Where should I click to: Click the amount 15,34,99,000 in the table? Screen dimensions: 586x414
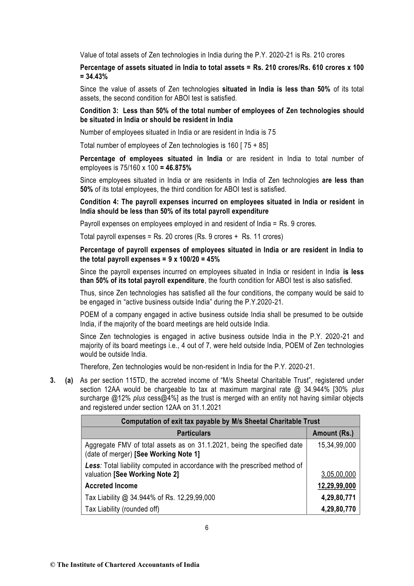point(336,445)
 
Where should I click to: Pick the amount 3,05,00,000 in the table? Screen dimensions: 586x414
point(338,474)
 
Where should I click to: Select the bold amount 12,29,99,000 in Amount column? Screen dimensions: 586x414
point(336,486)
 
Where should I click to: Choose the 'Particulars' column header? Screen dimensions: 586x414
point(194,433)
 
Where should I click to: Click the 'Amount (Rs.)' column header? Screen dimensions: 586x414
point(333,433)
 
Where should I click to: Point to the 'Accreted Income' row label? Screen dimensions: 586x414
point(111,486)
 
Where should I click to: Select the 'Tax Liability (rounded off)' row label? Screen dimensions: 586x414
point(122,509)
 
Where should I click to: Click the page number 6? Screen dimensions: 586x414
point(207,528)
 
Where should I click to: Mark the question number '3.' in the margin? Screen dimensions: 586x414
point(53,381)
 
